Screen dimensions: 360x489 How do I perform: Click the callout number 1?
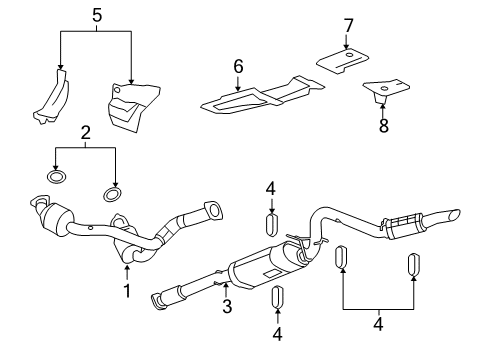pos(127,291)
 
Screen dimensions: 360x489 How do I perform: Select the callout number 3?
pos(227,307)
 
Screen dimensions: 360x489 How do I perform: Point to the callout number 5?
pos(96,16)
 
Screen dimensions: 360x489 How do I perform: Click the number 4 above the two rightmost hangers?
pos(379,324)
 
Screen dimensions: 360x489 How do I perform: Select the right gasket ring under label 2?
pos(114,191)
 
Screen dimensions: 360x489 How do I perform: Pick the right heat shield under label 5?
pos(128,105)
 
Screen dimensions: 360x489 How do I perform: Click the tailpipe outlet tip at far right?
pos(455,214)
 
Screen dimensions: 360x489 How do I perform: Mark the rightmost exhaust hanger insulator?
pos(411,264)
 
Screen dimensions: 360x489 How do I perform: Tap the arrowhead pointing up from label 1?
pos(127,266)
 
